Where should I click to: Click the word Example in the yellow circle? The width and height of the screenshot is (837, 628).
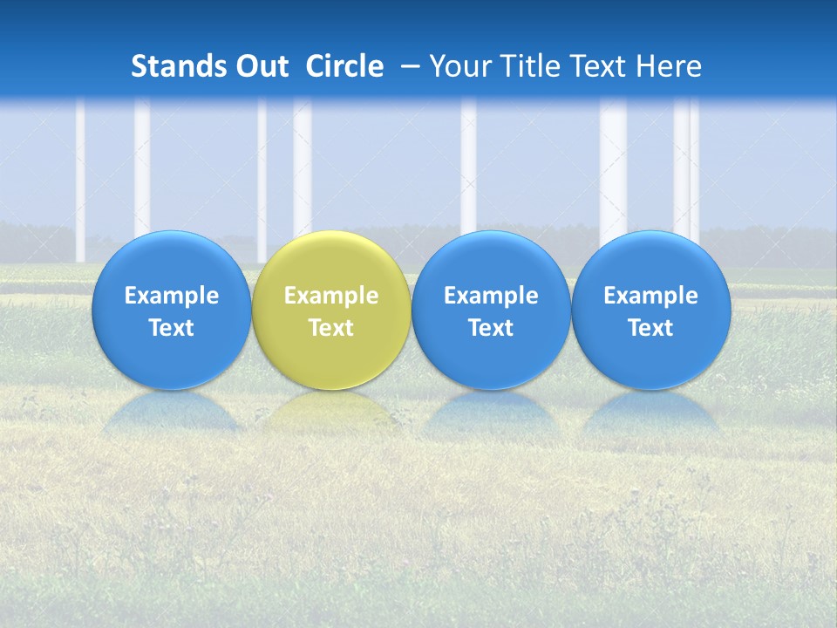click(331, 296)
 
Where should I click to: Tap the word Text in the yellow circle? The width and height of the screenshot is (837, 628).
click(331, 328)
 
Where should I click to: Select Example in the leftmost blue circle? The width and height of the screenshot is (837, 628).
click(172, 296)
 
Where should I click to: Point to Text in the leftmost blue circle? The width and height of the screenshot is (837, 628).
click(172, 328)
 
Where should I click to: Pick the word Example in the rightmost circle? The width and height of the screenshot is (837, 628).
click(651, 296)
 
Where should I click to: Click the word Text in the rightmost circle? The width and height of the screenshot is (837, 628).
click(651, 328)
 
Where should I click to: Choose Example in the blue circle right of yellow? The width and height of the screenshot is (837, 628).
click(491, 296)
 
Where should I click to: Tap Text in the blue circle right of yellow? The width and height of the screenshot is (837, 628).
click(491, 328)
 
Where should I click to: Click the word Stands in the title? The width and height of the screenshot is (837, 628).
click(180, 66)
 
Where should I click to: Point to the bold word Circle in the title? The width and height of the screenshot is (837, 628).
click(344, 66)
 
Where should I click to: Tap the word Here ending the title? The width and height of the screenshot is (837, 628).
click(669, 66)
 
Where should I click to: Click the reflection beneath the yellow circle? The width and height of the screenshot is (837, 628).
click(331, 410)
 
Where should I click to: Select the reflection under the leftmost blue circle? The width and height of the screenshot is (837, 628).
click(172, 412)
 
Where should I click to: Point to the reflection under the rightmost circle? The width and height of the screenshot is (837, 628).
click(651, 412)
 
